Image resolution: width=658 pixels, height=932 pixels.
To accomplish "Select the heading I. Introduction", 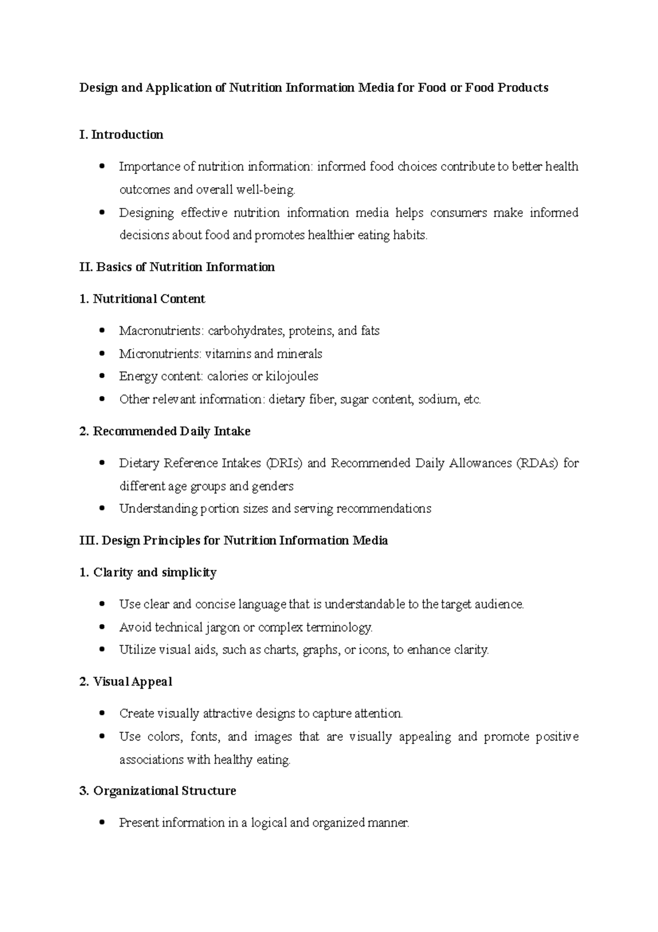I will [121, 135].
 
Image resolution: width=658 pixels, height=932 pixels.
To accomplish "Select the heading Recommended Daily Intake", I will [164, 431].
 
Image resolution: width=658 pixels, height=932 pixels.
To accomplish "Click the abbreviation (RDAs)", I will [537, 463].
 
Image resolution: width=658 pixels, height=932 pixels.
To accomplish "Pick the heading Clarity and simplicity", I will [148, 572].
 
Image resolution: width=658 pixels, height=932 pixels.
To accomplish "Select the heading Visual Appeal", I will [126, 682].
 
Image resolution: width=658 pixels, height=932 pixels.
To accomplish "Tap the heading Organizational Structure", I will [158, 791].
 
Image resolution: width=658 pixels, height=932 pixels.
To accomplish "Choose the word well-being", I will [265, 190].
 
